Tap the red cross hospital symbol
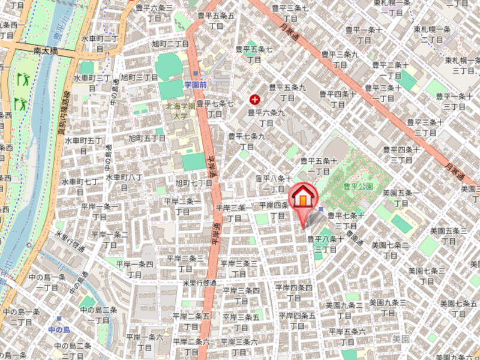[255, 99]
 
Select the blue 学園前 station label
[196, 85]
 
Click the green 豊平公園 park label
[358, 187]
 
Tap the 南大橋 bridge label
[46, 52]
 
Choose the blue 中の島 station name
[59, 330]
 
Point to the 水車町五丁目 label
[83, 145]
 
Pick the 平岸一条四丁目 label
[135, 268]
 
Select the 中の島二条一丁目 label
[99, 314]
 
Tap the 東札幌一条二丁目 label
[432, 34]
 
